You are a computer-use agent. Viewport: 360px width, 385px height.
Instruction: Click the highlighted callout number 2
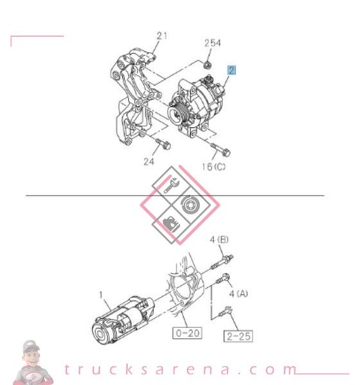pos(232,71)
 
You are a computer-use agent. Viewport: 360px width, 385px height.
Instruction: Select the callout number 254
pos(213,43)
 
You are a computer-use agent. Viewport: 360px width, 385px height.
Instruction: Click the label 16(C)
pos(213,166)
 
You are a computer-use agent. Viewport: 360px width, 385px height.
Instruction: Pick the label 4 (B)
pos(219,240)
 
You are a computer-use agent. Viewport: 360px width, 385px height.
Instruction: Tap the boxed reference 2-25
pos(237,335)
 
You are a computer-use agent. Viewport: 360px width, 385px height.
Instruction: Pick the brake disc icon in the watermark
pos(189,204)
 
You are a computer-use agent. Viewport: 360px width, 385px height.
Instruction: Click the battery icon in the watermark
pos(170,223)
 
